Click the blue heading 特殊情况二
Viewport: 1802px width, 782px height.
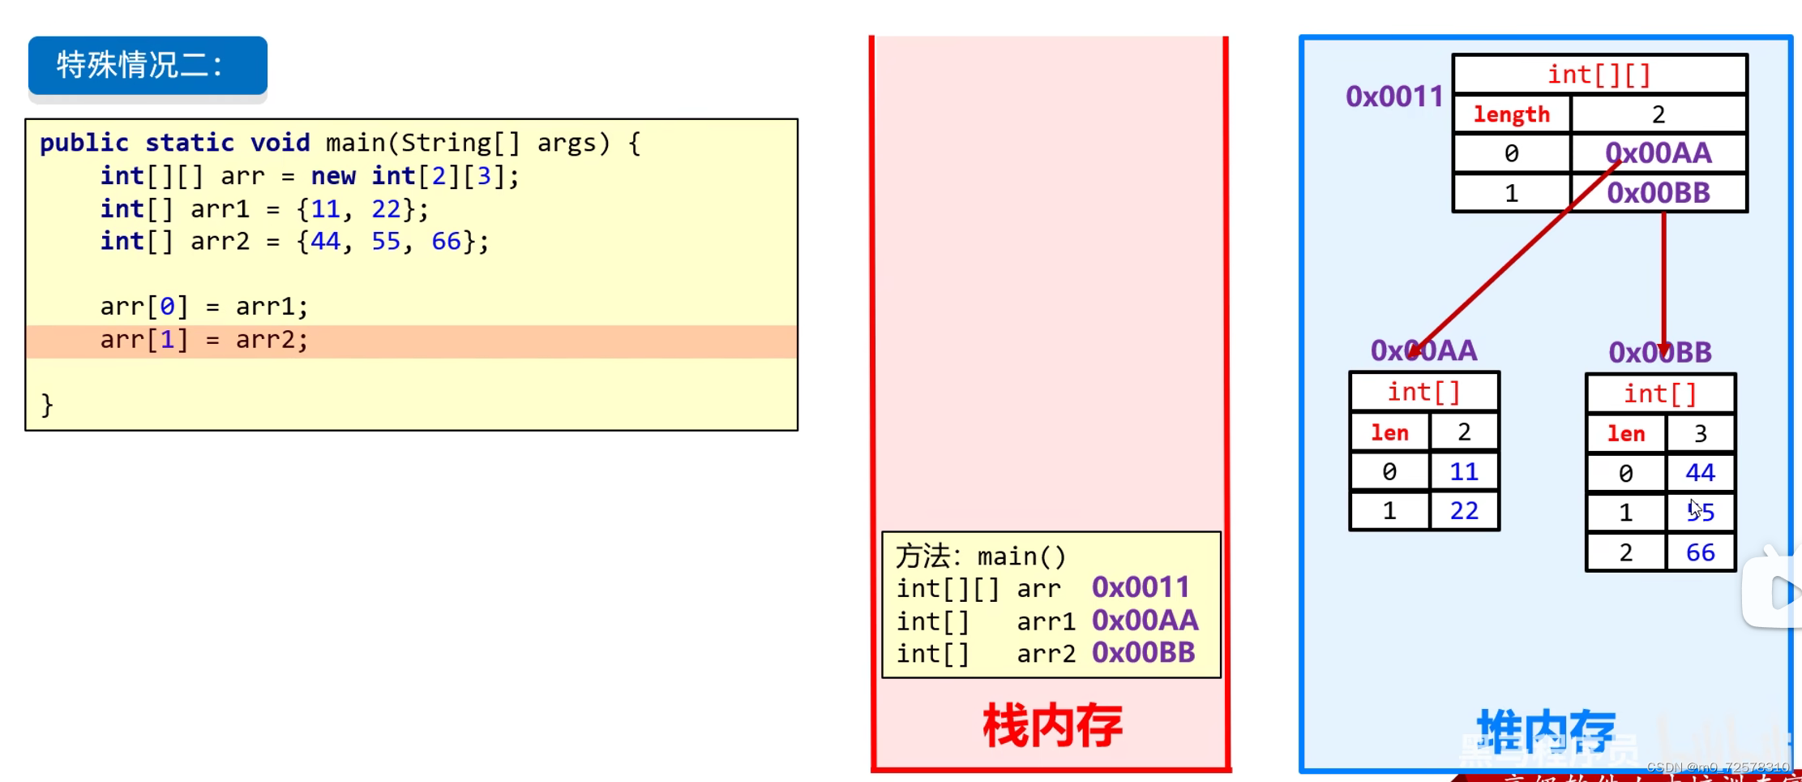click(x=139, y=65)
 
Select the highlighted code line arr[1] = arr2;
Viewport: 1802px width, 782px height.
click(x=204, y=340)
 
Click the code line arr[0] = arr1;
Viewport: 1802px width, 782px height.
click(x=204, y=307)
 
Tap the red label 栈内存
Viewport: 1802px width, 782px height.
click(x=1052, y=726)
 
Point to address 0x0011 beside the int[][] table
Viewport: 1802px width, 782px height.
click(x=1394, y=97)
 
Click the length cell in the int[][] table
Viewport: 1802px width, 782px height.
click(x=1511, y=114)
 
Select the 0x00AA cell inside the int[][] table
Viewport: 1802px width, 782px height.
click(x=1658, y=153)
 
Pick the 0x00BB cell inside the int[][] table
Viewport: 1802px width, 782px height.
click(x=1658, y=193)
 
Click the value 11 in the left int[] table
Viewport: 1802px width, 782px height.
click(x=1463, y=471)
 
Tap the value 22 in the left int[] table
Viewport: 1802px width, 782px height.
click(x=1463, y=511)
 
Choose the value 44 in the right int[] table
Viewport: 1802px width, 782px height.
click(x=1700, y=472)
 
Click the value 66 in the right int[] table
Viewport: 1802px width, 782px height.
click(x=1700, y=552)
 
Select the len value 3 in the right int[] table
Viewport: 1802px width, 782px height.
click(x=1700, y=434)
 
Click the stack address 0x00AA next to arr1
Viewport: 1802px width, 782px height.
click(x=1145, y=621)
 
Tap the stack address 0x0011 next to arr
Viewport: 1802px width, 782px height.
click(x=1141, y=587)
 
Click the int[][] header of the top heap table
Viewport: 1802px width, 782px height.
click(x=1599, y=75)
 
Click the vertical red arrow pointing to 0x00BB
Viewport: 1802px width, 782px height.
click(x=1663, y=276)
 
